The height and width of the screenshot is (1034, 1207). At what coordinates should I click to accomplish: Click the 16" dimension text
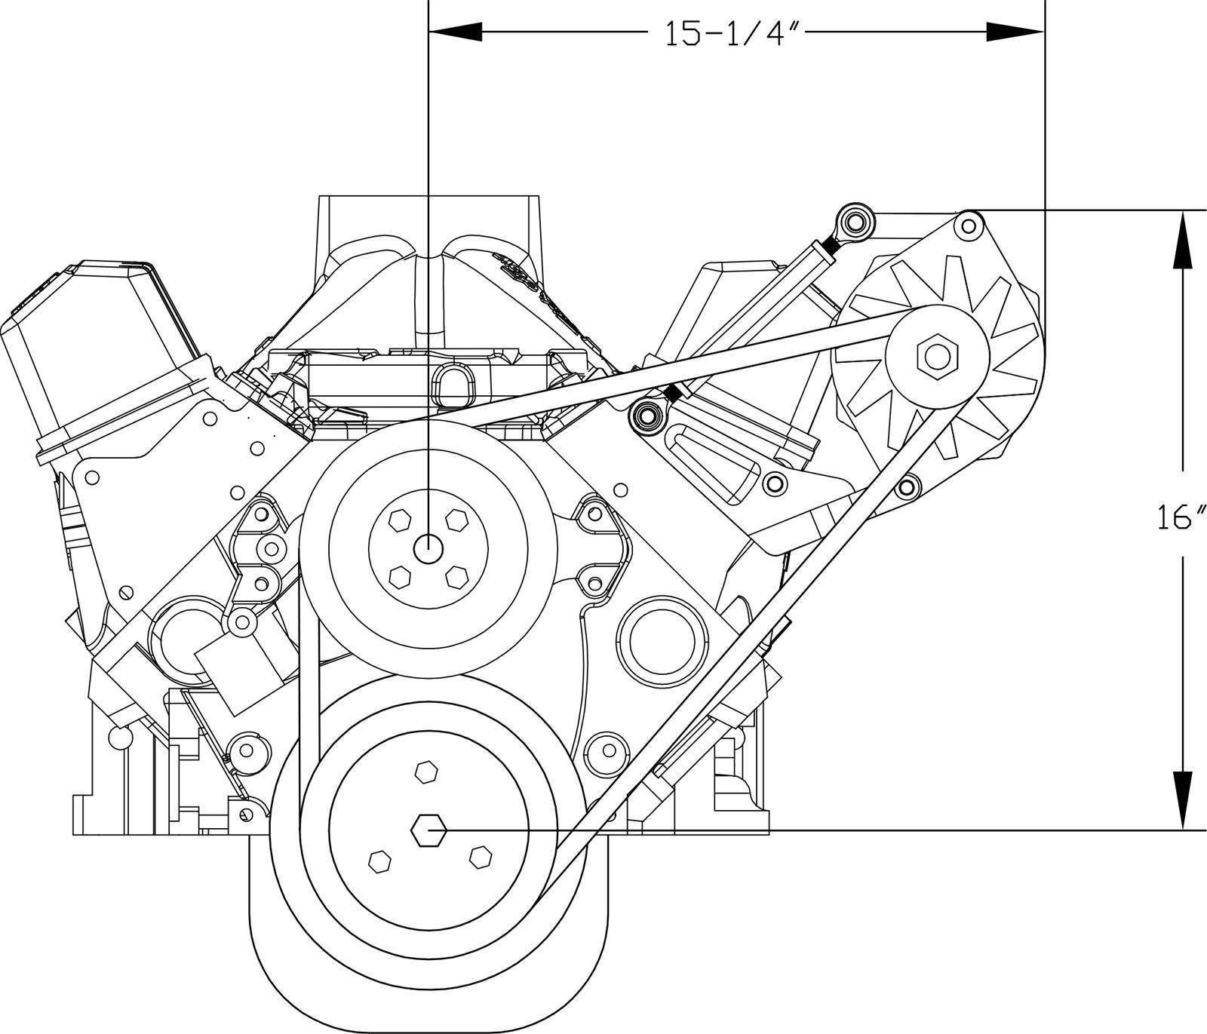1181,518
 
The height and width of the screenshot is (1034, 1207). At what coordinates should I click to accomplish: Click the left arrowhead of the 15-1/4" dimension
456,31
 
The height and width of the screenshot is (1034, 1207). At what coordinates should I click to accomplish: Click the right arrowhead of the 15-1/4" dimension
1015,31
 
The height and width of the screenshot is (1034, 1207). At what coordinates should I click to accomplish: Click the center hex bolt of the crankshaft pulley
428,830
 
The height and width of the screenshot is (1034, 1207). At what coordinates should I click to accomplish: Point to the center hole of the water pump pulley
428,548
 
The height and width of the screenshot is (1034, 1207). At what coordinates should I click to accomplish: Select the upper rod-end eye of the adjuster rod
854,222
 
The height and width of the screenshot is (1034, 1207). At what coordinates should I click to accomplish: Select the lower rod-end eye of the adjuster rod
646,414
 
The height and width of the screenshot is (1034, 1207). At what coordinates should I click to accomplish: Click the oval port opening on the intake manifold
453,385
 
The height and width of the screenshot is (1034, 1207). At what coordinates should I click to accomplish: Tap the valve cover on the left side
98,354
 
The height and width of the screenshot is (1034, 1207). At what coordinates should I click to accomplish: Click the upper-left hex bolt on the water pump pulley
399,520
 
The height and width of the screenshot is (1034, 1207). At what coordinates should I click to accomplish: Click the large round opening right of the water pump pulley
662,642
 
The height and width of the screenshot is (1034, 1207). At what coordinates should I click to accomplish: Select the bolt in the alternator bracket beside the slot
774,483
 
